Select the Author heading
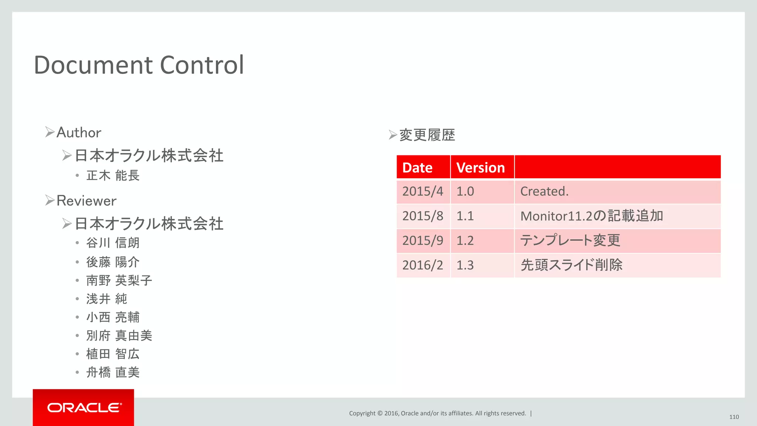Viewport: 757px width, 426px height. point(79,132)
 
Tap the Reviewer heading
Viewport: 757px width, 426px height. point(86,201)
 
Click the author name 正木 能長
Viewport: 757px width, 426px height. point(113,175)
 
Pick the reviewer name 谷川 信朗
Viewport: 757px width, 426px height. point(113,243)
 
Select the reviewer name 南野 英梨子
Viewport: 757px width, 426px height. point(119,280)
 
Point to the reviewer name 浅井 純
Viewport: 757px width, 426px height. point(106,299)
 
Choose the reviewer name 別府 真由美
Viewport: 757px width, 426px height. point(119,335)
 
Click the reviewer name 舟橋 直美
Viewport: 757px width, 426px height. point(113,372)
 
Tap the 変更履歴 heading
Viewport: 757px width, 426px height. point(427,135)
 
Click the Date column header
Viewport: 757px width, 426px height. point(417,168)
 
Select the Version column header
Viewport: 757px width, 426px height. point(481,168)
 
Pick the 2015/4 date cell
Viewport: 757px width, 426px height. point(422,192)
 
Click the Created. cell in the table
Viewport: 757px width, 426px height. point(544,192)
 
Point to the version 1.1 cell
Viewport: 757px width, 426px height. point(465,216)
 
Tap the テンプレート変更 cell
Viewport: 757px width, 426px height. point(570,241)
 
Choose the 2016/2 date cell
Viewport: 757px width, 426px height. point(422,265)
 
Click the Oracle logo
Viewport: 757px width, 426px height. point(84,408)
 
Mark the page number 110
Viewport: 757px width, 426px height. point(734,417)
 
